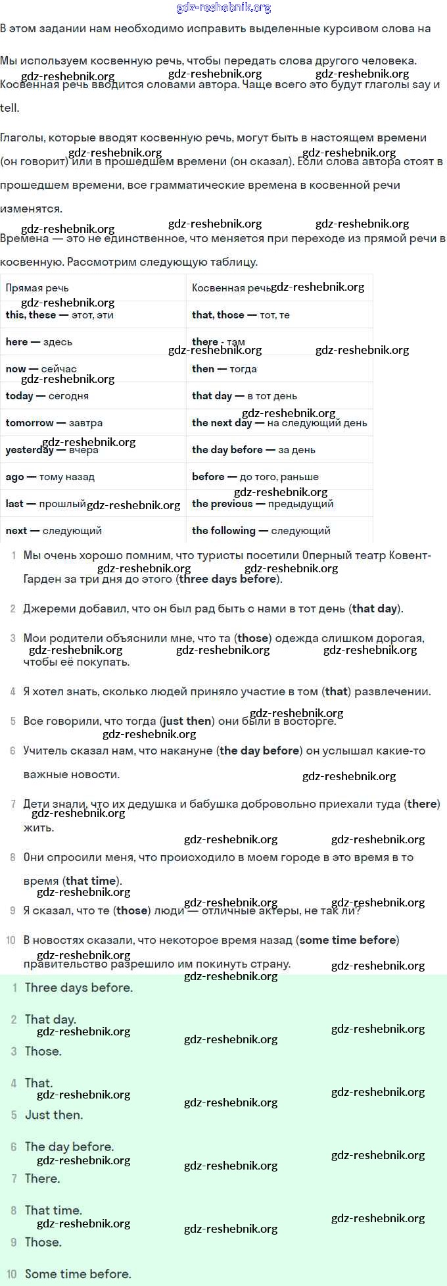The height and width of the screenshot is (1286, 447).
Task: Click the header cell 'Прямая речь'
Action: click(x=37, y=288)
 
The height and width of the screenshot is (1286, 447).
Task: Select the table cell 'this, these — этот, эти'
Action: click(x=60, y=315)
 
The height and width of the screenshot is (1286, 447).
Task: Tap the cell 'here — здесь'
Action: click(x=39, y=342)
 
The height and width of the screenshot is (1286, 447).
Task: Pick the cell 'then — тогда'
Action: click(x=224, y=369)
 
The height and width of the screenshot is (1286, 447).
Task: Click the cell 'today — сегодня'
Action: click(x=47, y=396)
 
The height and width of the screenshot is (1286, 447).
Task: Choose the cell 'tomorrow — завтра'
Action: click(x=54, y=423)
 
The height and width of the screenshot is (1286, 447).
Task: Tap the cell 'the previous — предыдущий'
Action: click(x=262, y=504)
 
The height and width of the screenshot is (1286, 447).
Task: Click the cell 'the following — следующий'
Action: click(x=261, y=531)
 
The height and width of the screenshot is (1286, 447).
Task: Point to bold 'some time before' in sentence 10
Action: click(x=348, y=940)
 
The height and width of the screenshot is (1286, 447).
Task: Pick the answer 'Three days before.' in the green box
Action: click(x=79, y=987)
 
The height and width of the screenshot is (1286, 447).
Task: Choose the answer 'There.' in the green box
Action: click(x=42, y=1178)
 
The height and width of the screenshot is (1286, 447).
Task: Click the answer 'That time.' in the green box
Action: click(x=53, y=1210)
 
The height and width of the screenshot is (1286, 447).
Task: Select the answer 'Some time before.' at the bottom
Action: click(x=78, y=1274)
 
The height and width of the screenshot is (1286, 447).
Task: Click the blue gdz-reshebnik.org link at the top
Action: click(x=223, y=8)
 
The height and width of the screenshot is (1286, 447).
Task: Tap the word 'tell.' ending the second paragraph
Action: click(x=10, y=109)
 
